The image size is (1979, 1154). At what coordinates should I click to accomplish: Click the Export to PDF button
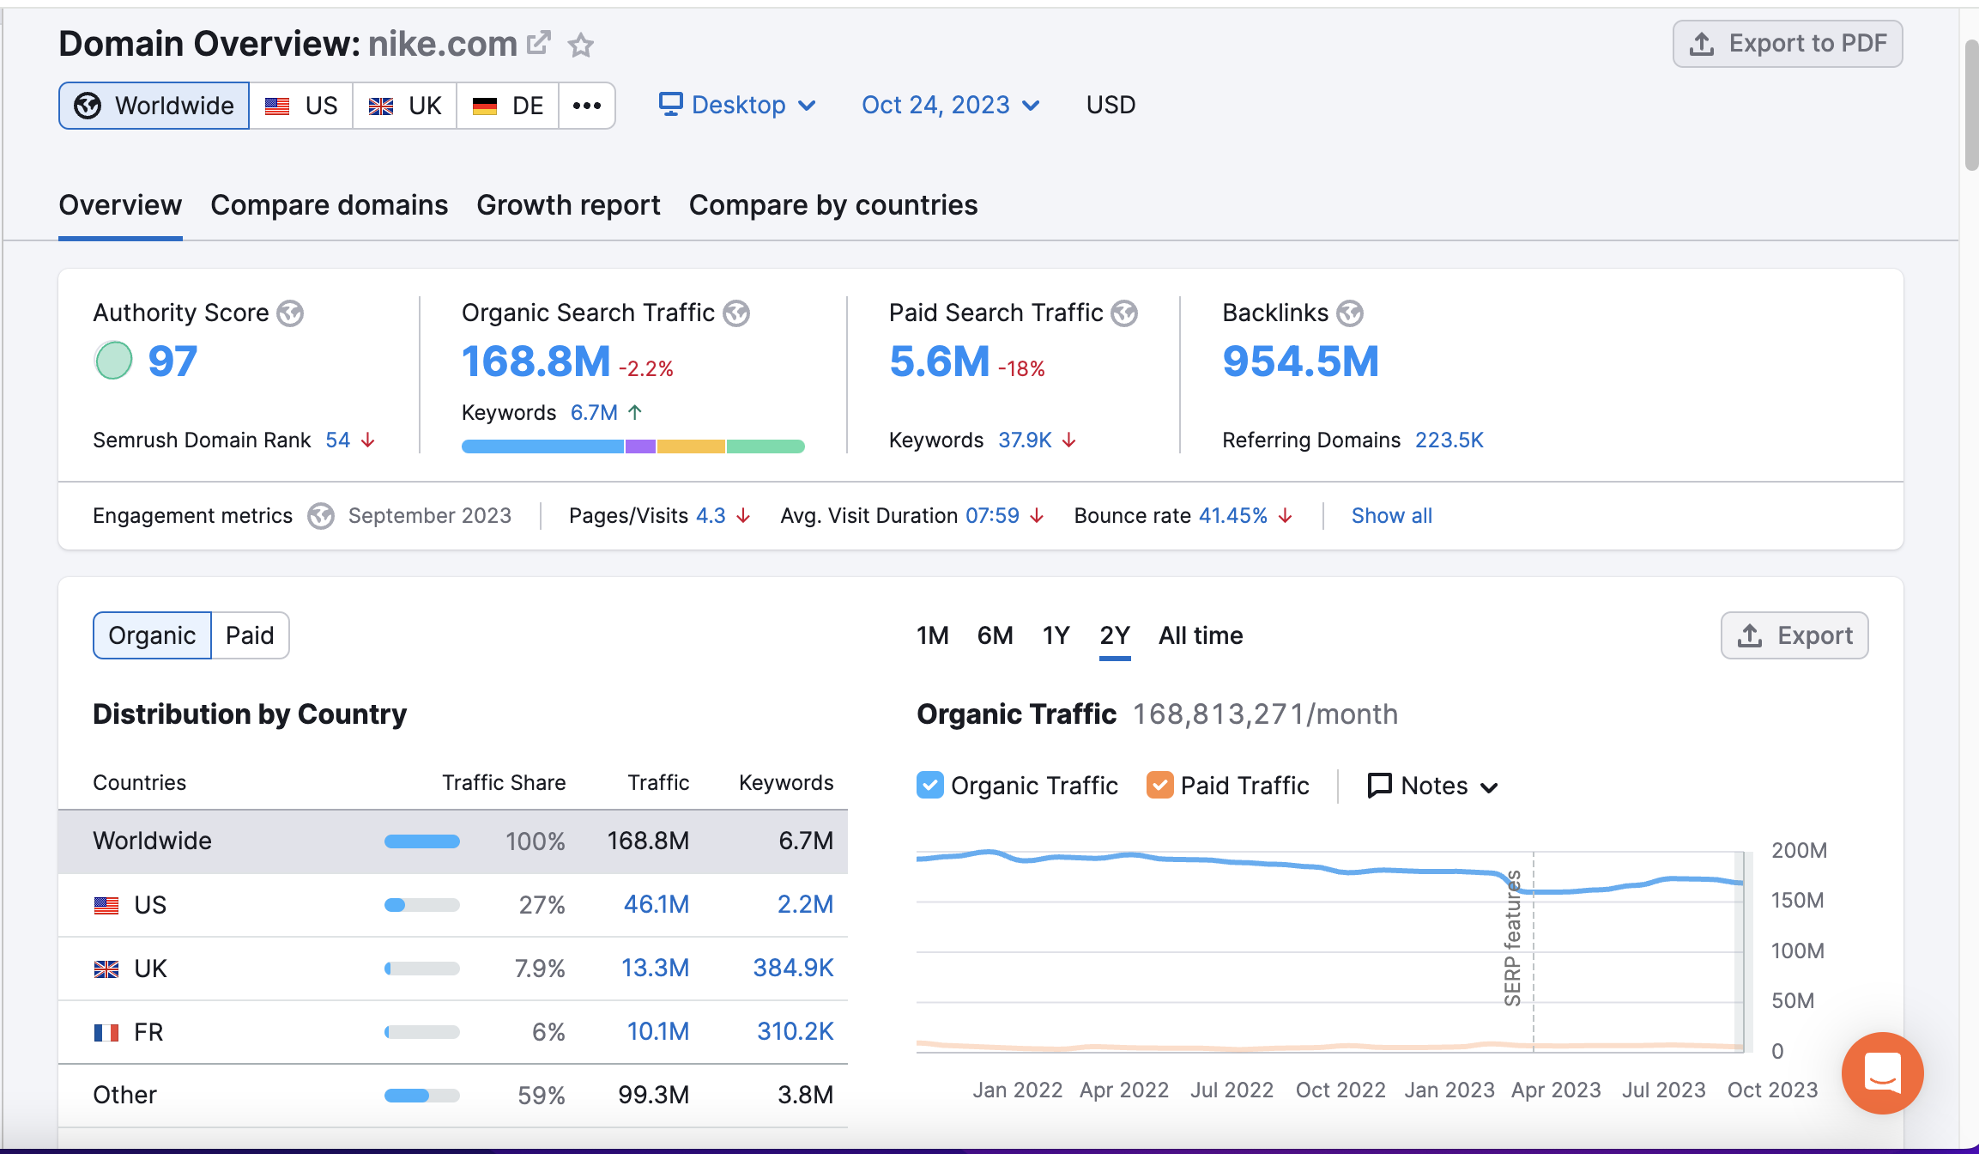(x=1788, y=44)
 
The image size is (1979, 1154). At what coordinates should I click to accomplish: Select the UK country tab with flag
(x=405, y=106)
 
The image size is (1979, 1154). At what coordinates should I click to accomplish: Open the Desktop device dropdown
(x=737, y=105)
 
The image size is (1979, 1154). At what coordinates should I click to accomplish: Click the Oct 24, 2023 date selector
(x=950, y=105)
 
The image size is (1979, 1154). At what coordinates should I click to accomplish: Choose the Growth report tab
(x=568, y=205)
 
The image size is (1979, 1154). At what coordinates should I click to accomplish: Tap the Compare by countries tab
(x=832, y=205)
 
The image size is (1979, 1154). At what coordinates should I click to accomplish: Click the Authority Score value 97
(x=172, y=361)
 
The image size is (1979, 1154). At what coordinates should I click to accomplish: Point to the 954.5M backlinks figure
(x=1300, y=361)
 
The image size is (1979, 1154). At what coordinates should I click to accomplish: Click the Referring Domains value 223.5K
(x=1449, y=440)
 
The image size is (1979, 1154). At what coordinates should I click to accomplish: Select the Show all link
(x=1391, y=516)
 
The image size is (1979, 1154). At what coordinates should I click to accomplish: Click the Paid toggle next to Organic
(x=250, y=635)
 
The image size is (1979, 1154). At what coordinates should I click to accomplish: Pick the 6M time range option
(x=995, y=635)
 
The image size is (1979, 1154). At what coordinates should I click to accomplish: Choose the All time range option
(x=1201, y=635)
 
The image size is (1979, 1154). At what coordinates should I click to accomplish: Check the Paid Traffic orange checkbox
(x=1159, y=785)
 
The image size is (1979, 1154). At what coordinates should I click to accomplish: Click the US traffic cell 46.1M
(x=656, y=904)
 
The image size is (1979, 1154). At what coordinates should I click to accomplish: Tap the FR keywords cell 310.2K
(x=795, y=1031)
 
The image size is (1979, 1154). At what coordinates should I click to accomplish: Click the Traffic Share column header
(x=504, y=782)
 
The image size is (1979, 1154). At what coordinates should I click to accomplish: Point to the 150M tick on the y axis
(x=1797, y=901)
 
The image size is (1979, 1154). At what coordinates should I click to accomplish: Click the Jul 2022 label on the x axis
(x=1232, y=1090)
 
